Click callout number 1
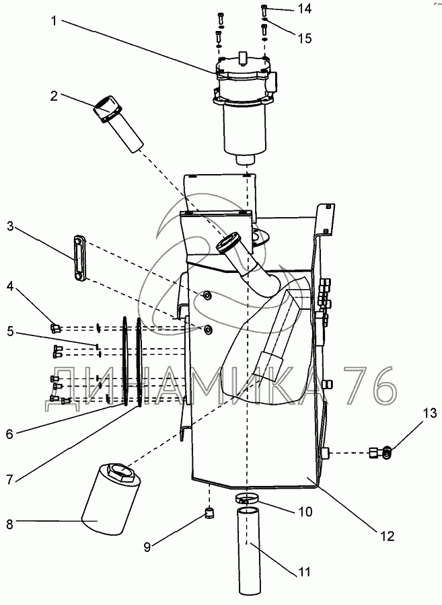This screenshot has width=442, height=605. pyautogui.click(x=54, y=20)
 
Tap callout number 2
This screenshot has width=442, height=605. pyautogui.click(x=54, y=95)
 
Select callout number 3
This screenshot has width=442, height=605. pyautogui.click(x=10, y=226)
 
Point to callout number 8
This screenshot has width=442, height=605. pyautogui.click(x=10, y=524)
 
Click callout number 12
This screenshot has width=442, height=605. pyautogui.click(x=388, y=536)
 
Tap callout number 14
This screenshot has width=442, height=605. pyautogui.click(x=305, y=9)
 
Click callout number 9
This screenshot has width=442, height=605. pyautogui.click(x=147, y=547)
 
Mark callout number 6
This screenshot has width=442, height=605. pyautogui.click(x=9, y=434)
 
